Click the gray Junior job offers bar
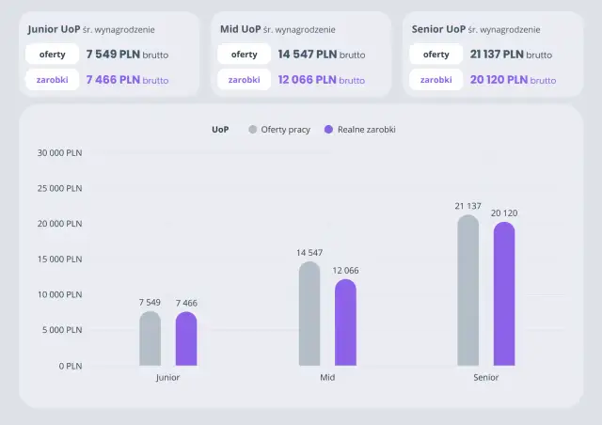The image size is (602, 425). (150, 338)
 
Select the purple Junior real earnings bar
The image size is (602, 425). (186, 338)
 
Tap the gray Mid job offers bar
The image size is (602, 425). (309, 314)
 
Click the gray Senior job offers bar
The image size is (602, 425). (467, 291)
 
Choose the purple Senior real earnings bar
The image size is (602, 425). (504, 294)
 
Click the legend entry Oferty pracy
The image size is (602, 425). (279, 129)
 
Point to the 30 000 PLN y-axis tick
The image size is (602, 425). (60, 152)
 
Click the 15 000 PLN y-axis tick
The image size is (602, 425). (60, 259)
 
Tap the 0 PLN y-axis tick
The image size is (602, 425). (69, 366)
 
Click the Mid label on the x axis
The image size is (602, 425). (327, 377)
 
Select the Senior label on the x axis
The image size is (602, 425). (485, 377)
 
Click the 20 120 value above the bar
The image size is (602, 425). (504, 213)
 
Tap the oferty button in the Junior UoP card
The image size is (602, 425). (52, 55)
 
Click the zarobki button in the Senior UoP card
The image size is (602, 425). (436, 80)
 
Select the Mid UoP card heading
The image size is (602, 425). (239, 29)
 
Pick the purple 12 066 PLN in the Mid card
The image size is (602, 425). (307, 80)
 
